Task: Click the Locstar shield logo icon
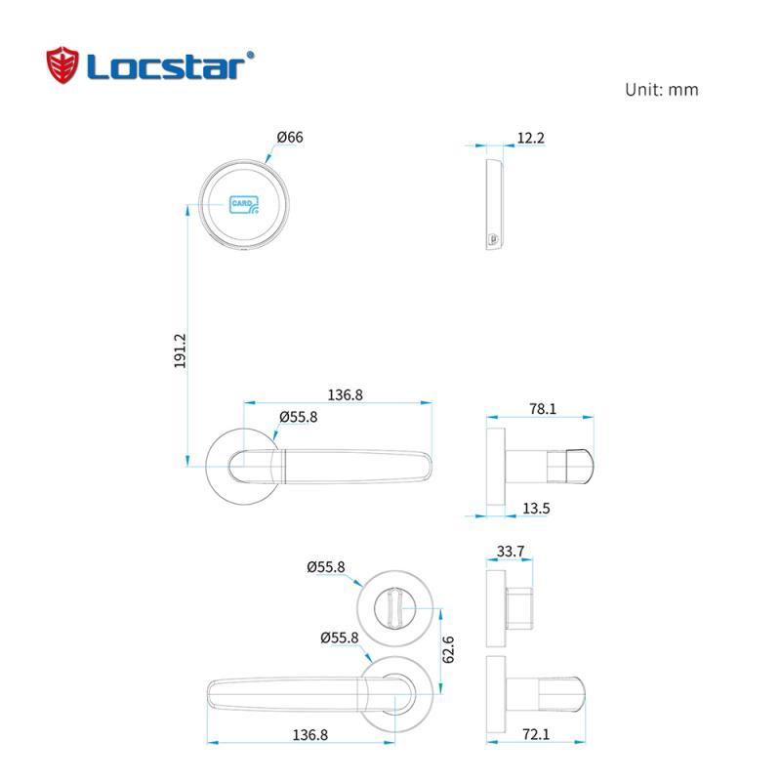64,66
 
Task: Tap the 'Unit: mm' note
661,90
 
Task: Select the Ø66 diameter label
290,138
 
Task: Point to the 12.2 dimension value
530,139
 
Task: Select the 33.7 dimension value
511,552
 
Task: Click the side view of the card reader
494,207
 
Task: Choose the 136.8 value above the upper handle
345,395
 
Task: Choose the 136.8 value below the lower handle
297,734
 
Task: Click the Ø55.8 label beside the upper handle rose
298,417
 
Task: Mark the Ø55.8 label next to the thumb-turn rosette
325,566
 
